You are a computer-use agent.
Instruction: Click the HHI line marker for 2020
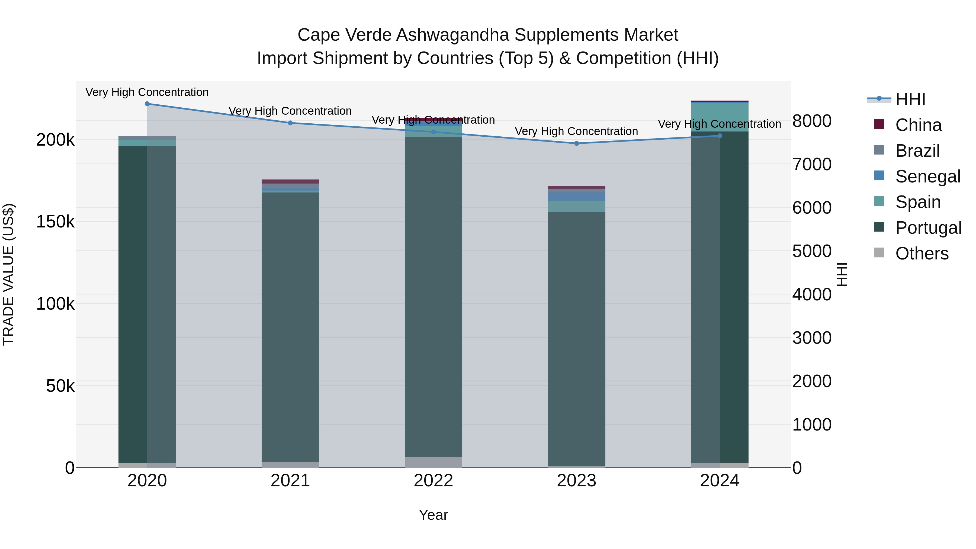[x=147, y=104]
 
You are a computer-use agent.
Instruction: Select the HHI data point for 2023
[x=577, y=143]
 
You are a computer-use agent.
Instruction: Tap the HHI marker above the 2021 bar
[x=290, y=123]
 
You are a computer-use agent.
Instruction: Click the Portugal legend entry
[x=928, y=228]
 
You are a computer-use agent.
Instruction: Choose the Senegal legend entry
[x=927, y=176]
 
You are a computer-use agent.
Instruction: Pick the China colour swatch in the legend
[x=879, y=124]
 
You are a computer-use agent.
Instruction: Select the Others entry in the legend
[x=922, y=253]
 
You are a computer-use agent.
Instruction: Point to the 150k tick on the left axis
[x=55, y=222]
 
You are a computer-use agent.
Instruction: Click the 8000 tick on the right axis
[x=811, y=121]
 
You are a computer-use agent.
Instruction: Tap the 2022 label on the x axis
[x=434, y=481]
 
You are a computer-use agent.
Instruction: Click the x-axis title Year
[x=434, y=515]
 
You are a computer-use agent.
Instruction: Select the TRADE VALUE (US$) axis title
[x=8, y=274]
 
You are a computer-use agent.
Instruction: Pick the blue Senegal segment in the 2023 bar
[x=577, y=197]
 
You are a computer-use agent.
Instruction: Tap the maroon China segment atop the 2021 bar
[x=290, y=181]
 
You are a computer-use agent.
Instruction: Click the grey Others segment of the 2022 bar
[x=434, y=462]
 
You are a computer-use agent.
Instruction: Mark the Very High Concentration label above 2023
[x=576, y=131]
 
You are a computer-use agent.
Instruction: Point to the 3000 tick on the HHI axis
[x=811, y=338]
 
